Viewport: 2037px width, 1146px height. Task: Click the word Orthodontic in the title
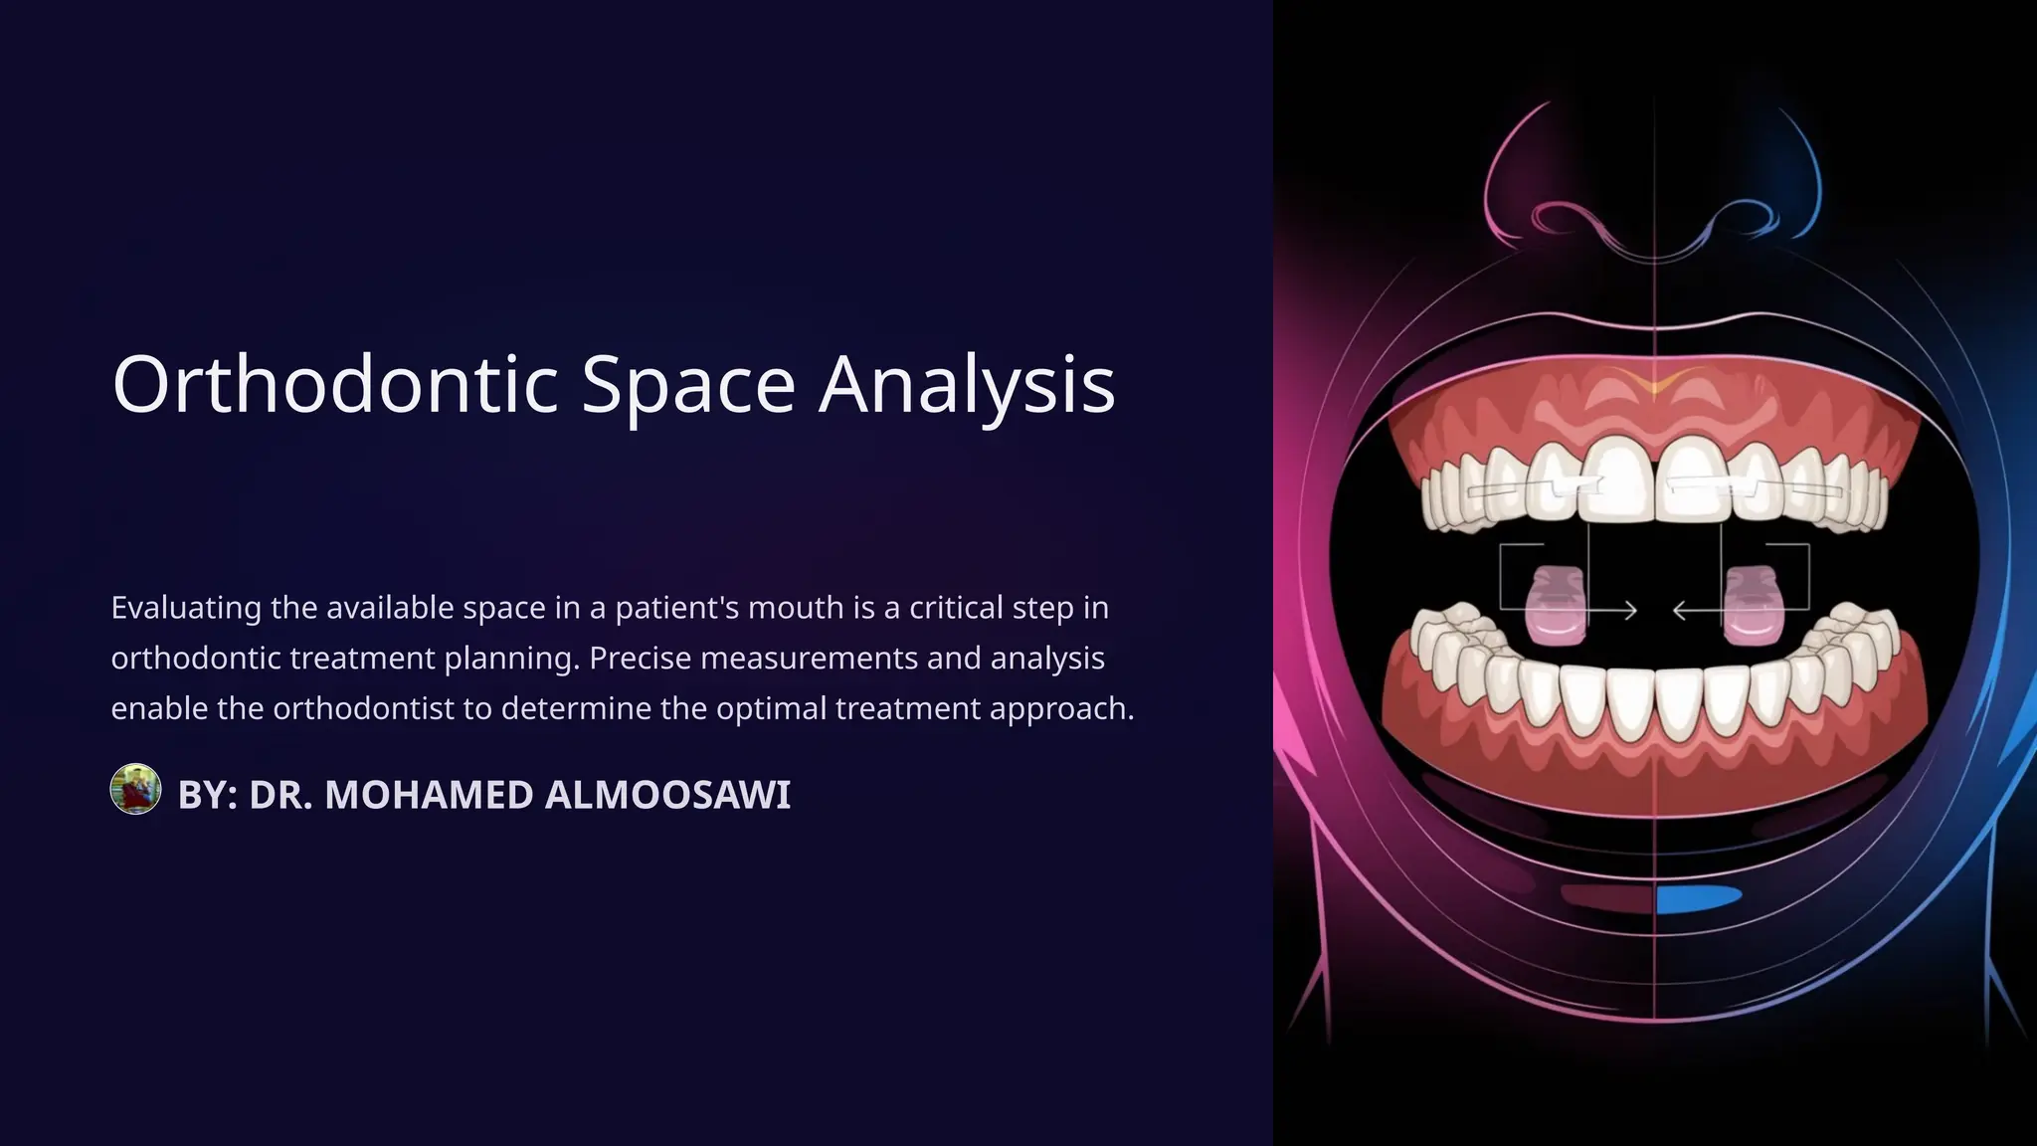pos(335,384)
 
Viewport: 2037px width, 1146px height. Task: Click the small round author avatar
pos(135,790)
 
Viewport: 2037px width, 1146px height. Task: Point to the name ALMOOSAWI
pos(667,795)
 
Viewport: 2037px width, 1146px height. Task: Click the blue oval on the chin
pos(1698,898)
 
